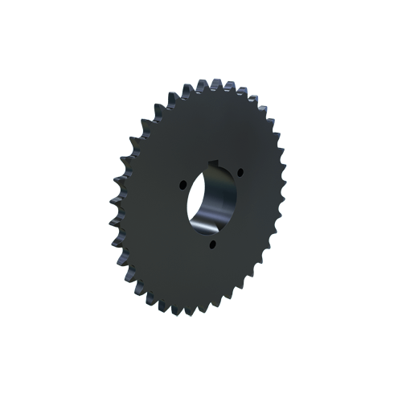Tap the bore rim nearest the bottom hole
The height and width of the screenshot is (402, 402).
click(211, 234)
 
